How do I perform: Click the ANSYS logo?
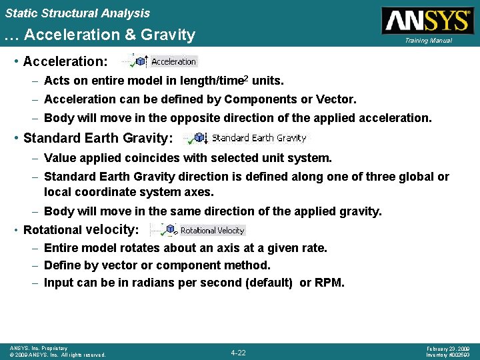point(427,20)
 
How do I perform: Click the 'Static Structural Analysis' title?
point(77,13)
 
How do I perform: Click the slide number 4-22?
point(238,352)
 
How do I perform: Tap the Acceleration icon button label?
point(173,61)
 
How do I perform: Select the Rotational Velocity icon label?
point(213,230)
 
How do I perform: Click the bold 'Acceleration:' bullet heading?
point(65,62)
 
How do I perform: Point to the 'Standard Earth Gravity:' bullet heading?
point(98,139)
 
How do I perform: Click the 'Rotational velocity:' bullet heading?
point(81,230)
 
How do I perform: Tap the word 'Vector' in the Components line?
point(337,99)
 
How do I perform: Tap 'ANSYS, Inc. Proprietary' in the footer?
point(39,348)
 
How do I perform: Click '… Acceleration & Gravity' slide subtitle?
point(100,35)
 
